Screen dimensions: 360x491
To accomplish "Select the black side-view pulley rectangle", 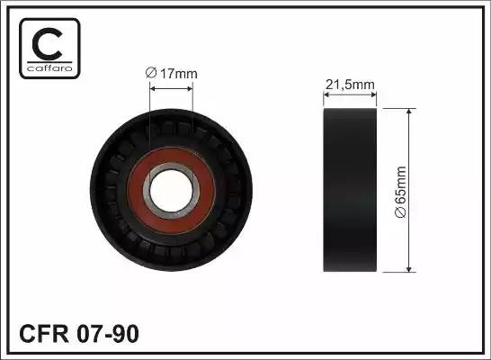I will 350,190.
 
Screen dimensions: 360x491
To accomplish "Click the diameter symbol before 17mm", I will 151,76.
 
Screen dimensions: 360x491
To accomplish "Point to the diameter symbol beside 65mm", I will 426,212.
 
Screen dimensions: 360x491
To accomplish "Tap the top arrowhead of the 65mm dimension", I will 411,113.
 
